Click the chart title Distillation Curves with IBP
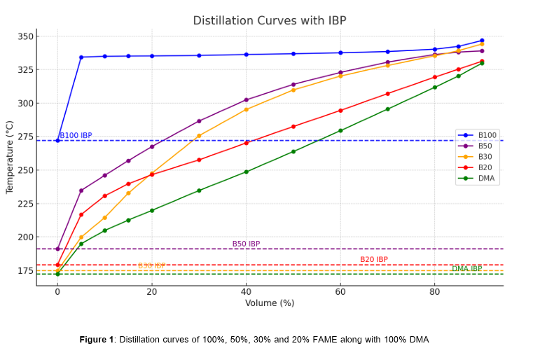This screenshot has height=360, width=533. click(x=270, y=20)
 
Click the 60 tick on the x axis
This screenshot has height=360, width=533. click(x=340, y=291)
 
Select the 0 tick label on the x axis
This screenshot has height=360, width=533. click(x=57, y=291)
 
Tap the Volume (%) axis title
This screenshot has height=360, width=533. click(x=270, y=303)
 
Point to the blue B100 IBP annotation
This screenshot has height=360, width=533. click(x=76, y=136)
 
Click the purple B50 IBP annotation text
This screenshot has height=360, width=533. click(x=246, y=244)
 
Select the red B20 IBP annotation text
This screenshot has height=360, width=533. click(x=374, y=260)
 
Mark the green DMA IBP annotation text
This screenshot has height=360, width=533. click(x=466, y=269)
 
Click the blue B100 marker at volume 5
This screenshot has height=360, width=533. click(x=81, y=57)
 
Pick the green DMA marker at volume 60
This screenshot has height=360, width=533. click(x=340, y=130)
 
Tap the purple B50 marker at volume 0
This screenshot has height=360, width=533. click(x=57, y=249)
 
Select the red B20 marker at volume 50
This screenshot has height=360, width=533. click(x=293, y=126)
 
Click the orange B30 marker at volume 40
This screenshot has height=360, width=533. click(x=246, y=109)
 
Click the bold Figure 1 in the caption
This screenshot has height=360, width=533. click(x=96, y=340)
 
